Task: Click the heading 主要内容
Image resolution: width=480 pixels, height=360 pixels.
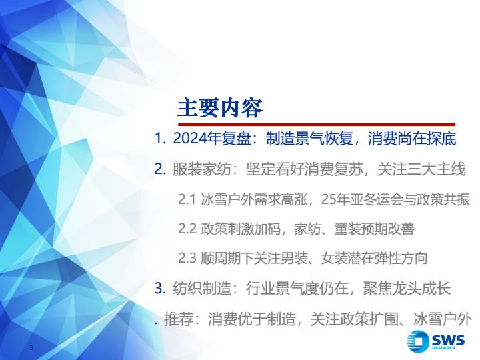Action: pos(220,108)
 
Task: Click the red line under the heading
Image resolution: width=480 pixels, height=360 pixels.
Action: pos(317,125)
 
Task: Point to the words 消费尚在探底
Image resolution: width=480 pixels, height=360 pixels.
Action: pos(412,139)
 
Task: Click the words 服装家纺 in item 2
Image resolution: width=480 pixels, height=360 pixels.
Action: pos(202,169)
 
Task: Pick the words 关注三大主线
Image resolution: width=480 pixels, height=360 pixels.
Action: pos(421,169)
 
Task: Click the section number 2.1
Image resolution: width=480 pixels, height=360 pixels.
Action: pos(187,199)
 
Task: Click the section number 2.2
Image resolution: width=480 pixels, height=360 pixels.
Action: pos(187,229)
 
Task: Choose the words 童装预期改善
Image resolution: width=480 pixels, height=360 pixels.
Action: pos(374,229)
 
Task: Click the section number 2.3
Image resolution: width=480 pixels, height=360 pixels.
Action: pos(187,259)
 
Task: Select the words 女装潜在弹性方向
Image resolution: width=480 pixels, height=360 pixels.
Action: pos(374,259)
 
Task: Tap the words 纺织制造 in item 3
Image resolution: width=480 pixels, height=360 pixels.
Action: pos(202,289)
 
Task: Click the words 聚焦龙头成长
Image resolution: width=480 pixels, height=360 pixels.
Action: pos(407,289)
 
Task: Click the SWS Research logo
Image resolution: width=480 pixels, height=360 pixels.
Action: pos(435,341)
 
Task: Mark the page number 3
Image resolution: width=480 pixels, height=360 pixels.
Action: pos(31,347)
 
